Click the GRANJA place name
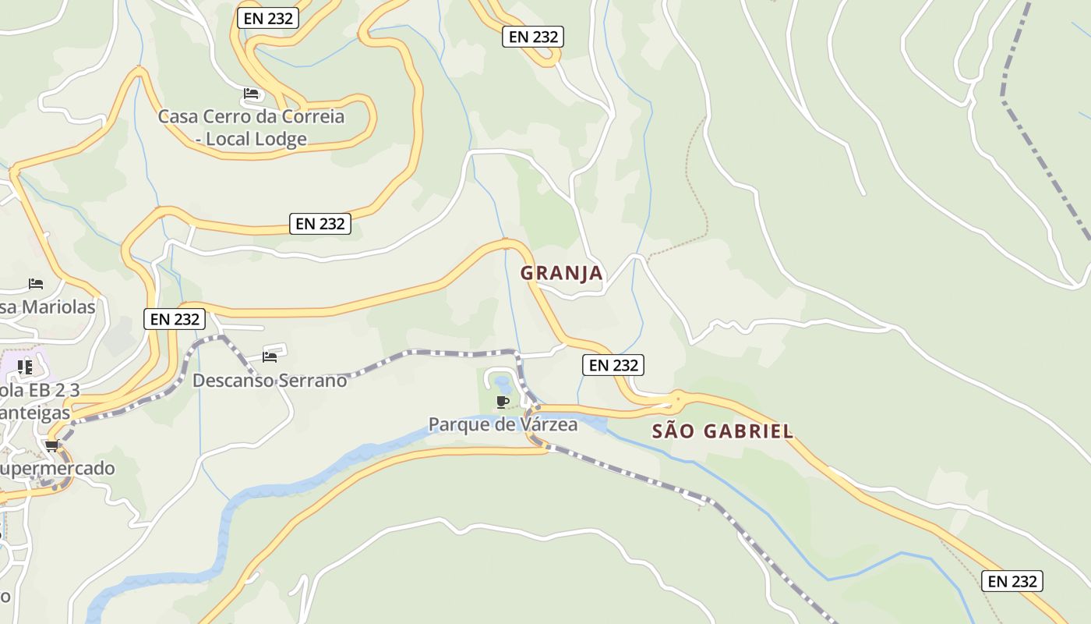point(561,273)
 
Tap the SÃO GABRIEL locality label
point(722,431)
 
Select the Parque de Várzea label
point(503,424)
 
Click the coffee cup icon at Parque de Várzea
point(503,402)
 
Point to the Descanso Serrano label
point(270,381)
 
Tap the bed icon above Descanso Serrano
point(270,357)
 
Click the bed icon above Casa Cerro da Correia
point(251,94)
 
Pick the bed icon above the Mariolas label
point(35,283)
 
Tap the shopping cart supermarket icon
point(52,445)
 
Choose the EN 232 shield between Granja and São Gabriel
point(613,365)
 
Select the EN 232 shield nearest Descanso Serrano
point(175,318)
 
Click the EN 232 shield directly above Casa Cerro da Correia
point(268,19)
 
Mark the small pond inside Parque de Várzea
point(501,384)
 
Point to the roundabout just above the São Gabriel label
point(677,399)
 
